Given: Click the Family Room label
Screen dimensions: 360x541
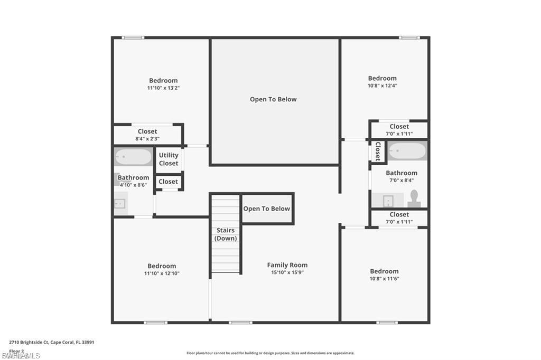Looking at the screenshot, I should pyautogui.click(x=287, y=265).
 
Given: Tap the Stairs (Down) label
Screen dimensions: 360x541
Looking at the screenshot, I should pyautogui.click(x=226, y=234).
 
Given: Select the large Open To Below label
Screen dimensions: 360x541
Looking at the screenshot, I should pyautogui.click(x=273, y=99).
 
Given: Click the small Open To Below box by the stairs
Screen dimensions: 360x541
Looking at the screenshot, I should pyautogui.click(x=267, y=209).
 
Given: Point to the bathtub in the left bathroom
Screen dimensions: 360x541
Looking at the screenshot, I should pyautogui.click(x=133, y=157).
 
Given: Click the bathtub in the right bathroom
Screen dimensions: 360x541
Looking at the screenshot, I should pyautogui.click(x=407, y=151).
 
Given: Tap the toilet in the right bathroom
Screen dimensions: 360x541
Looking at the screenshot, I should pyautogui.click(x=414, y=198).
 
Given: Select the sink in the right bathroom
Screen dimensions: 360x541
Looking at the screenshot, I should pyautogui.click(x=388, y=201).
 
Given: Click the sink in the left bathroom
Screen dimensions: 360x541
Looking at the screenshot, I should pyautogui.click(x=120, y=203).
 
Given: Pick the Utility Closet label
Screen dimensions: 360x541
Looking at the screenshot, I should pyautogui.click(x=169, y=159).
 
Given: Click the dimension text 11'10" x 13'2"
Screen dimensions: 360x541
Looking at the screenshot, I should pyautogui.click(x=163, y=88).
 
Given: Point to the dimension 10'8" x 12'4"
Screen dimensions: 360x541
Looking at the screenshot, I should pyautogui.click(x=382, y=86).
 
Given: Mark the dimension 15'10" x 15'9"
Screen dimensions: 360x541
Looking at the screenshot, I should pyautogui.click(x=287, y=273).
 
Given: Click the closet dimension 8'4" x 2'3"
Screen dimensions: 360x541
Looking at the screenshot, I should pyautogui.click(x=147, y=139).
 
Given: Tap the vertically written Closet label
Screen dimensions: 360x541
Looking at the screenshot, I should pyautogui.click(x=378, y=151).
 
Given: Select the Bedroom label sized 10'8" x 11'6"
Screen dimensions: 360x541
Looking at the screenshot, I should pyautogui.click(x=384, y=271).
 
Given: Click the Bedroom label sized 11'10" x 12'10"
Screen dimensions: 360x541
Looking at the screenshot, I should pyautogui.click(x=162, y=266).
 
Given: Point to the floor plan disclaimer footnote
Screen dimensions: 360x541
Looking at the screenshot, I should pyautogui.click(x=270, y=353).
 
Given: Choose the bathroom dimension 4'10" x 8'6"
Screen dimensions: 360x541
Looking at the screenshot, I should pyautogui.click(x=133, y=185).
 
